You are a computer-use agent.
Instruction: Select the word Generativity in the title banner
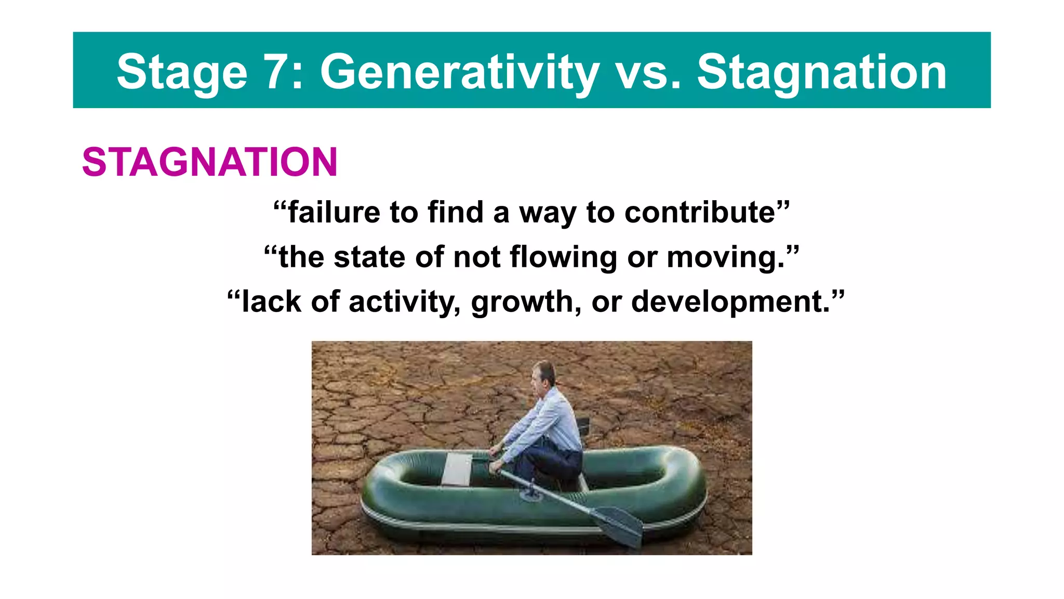pyautogui.click(x=459, y=73)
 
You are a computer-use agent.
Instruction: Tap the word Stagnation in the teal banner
pyautogui.click(x=821, y=73)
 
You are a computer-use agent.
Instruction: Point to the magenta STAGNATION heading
pyautogui.click(x=210, y=162)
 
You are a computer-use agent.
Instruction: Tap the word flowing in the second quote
pyautogui.click(x=563, y=257)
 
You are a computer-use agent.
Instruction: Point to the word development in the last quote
pyautogui.click(x=730, y=302)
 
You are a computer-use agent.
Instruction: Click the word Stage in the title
pyautogui.click(x=182, y=73)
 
